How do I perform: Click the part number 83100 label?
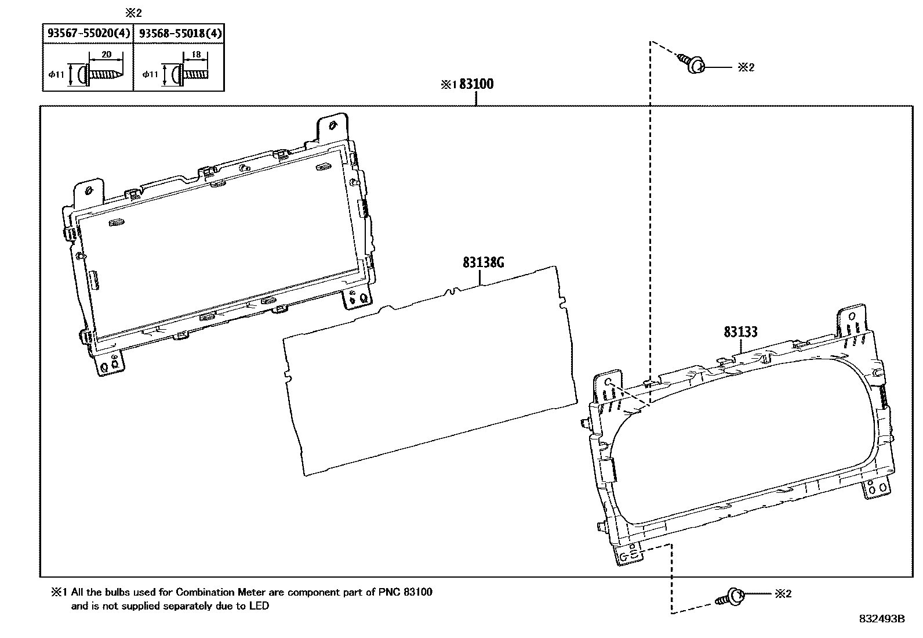click(476, 85)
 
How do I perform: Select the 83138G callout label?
click(483, 263)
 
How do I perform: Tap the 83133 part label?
click(740, 332)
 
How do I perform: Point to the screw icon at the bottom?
click(731, 597)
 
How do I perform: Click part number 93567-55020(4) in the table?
click(88, 34)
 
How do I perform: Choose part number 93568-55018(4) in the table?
click(179, 34)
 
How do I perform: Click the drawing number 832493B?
click(882, 619)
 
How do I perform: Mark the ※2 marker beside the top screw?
click(746, 67)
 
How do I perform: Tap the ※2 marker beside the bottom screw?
click(783, 593)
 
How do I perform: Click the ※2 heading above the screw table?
click(133, 13)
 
